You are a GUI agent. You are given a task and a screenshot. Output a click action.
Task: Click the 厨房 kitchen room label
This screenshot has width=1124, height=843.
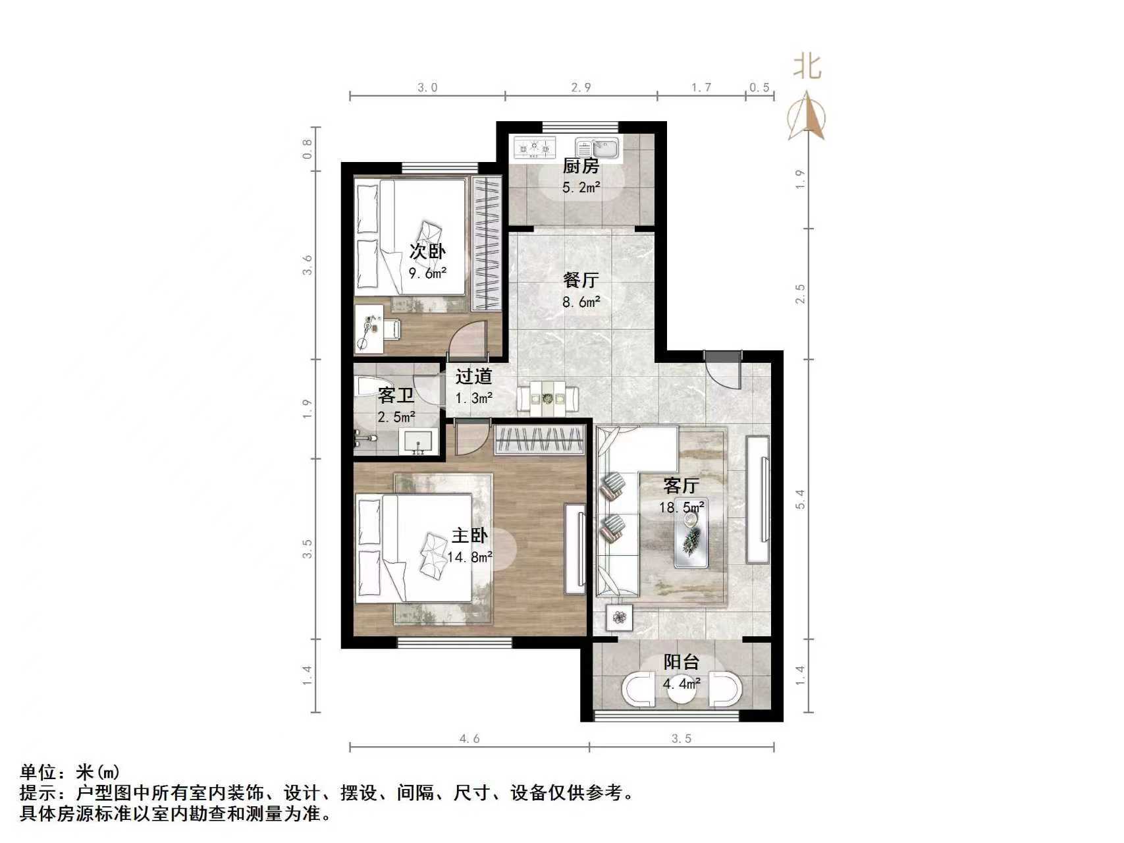pyautogui.click(x=581, y=166)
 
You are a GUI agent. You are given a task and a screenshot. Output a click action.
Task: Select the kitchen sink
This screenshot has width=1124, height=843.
pyautogui.click(x=598, y=148)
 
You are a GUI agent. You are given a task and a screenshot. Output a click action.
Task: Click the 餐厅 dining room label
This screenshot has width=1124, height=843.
pyautogui.click(x=581, y=281)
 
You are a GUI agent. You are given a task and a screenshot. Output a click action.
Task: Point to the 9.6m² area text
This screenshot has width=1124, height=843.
pyautogui.click(x=427, y=273)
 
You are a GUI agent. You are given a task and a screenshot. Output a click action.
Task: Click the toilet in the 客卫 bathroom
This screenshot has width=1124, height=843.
pyautogui.click(x=372, y=386)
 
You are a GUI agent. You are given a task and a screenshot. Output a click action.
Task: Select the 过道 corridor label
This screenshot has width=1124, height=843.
pyautogui.click(x=473, y=377)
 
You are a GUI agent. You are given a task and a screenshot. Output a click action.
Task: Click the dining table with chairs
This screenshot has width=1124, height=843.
pyautogui.click(x=548, y=398)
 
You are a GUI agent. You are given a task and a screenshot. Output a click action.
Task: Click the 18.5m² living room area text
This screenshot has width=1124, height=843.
pyautogui.click(x=682, y=507)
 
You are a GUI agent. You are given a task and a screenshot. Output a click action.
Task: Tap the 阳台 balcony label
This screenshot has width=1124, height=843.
pyautogui.click(x=681, y=662)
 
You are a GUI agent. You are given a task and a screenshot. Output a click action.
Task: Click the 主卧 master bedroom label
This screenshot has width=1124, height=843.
pyautogui.click(x=469, y=535)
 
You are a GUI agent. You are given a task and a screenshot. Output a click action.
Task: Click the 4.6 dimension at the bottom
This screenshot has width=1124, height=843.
pyautogui.click(x=469, y=738)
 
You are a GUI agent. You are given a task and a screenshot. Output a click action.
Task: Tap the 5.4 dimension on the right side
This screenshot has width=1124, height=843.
pyautogui.click(x=800, y=499)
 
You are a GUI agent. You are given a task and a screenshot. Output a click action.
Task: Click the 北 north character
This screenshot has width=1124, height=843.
pyautogui.click(x=807, y=66)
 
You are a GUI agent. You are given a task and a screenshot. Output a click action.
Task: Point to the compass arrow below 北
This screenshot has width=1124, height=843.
pyautogui.click(x=807, y=117)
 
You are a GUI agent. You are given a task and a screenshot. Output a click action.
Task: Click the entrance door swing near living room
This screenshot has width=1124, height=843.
pyautogui.click(x=724, y=372)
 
